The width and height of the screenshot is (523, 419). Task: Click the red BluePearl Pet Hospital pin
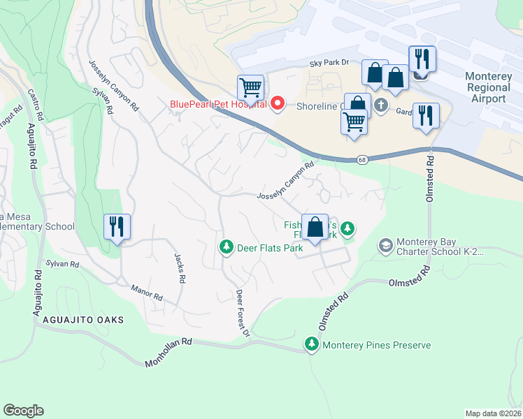pyautogui.click(x=278, y=105)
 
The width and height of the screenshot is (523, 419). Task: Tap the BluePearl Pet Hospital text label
pyautogui.click(x=218, y=105)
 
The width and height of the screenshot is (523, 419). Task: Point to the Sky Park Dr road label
pyautogui.click(x=329, y=63)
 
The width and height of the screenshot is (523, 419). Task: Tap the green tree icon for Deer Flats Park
pyautogui.click(x=226, y=247)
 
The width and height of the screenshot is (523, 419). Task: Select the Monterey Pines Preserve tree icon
pyautogui.click(x=311, y=344)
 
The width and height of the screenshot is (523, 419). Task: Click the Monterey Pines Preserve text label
pyautogui.click(x=376, y=345)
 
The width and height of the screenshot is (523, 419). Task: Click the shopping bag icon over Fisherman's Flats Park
pyautogui.click(x=315, y=227)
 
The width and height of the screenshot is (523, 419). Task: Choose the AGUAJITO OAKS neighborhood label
pyautogui.click(x=83, y=320)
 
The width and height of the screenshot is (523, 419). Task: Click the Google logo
pyautogui.click(x=23, y=411)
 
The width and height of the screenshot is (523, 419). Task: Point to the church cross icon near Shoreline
pyautogui.click(x=380, y=105)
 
